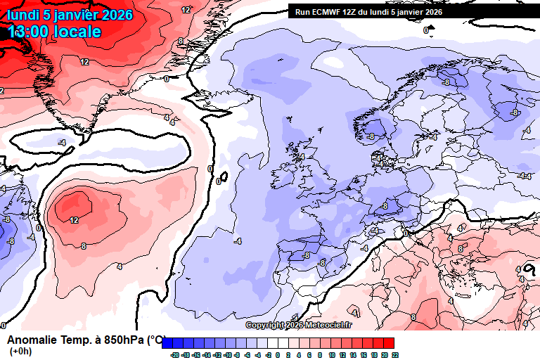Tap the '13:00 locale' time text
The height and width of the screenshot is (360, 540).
(55, 32)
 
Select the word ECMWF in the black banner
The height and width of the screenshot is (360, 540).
(328, 11)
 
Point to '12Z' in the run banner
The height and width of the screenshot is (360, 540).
(352, 11)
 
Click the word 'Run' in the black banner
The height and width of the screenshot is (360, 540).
(302, 11)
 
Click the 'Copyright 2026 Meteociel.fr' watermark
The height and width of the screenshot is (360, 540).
(299, 325)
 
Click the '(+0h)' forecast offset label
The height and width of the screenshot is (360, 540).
(20, 351)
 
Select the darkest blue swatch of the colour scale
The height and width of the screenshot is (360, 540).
(168, 342)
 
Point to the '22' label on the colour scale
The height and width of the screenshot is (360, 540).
(394, 356)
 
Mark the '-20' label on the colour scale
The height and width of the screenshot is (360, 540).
(175, 356)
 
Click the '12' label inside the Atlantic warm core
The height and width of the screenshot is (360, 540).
(74, 219)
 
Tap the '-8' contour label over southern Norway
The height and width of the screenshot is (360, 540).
(370, 136)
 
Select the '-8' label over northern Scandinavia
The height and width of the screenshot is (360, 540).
(445, 82)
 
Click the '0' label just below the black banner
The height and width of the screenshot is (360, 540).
(426, 30)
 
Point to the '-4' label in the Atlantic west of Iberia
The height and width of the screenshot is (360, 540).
(237, 241)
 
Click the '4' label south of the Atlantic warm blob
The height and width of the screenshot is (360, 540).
(120, 266)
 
